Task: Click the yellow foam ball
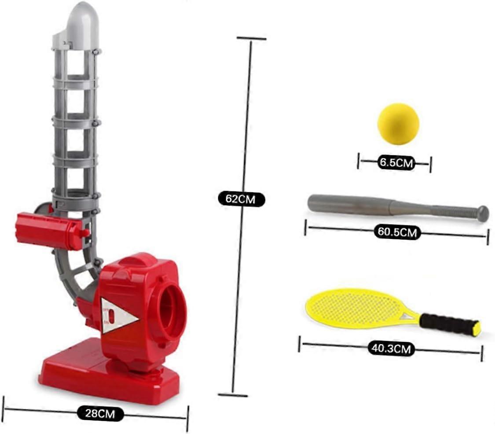tap(398, 124)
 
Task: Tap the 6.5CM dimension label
tap(396, 163)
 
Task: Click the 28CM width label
tap(100, 413)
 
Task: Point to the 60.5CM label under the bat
tap(397, 232)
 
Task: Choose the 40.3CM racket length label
tap(391, 349)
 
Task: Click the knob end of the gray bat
tap(483, 213)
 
